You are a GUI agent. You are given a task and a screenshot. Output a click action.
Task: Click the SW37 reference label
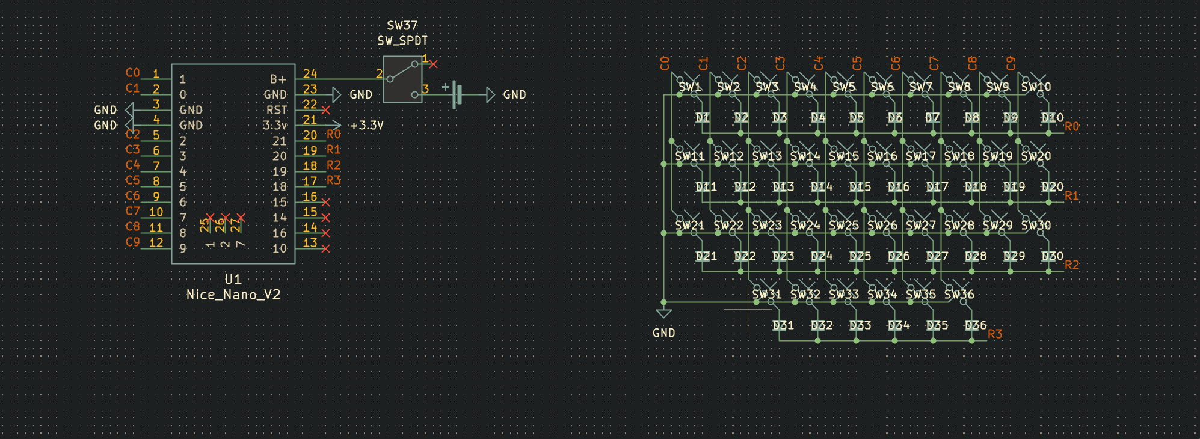tap(402, 25)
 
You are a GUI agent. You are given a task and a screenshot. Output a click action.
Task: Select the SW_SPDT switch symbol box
tap(402, 79)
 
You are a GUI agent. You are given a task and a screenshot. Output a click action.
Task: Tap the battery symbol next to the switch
tap(457, 94)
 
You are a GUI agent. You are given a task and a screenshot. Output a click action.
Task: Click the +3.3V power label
tap(366, 125)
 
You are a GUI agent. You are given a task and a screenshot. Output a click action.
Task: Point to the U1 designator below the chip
tap(233, 279)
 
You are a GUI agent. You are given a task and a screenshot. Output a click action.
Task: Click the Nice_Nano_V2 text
tap(233, 295)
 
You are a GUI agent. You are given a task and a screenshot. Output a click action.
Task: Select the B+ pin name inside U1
tap(278, 79)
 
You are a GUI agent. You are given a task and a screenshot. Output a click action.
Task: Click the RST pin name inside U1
tap(277, 110)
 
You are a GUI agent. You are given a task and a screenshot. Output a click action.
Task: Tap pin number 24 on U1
tap(310, 73)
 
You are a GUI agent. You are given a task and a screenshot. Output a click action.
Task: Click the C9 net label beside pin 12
tap(132, 242)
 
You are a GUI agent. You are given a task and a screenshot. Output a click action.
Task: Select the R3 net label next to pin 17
tap(333, 180)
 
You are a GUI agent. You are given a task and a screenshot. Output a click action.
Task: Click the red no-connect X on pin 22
tap(325, 110)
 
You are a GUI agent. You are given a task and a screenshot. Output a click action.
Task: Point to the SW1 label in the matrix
tap(690, 87)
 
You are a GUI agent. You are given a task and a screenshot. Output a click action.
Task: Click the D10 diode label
tap(1052, 118)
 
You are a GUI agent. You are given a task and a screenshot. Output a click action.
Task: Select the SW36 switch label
tap(959, 295)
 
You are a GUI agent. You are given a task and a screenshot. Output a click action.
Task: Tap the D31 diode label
tap(783, 325)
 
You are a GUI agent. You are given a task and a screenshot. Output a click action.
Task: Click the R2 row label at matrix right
tap(1072, 265)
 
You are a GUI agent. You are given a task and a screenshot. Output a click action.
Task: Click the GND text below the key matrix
tap(663, 333)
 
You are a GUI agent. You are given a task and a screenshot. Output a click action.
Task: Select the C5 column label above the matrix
tap(857, 63)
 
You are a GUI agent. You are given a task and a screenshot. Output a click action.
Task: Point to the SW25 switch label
tap(843, 226)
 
